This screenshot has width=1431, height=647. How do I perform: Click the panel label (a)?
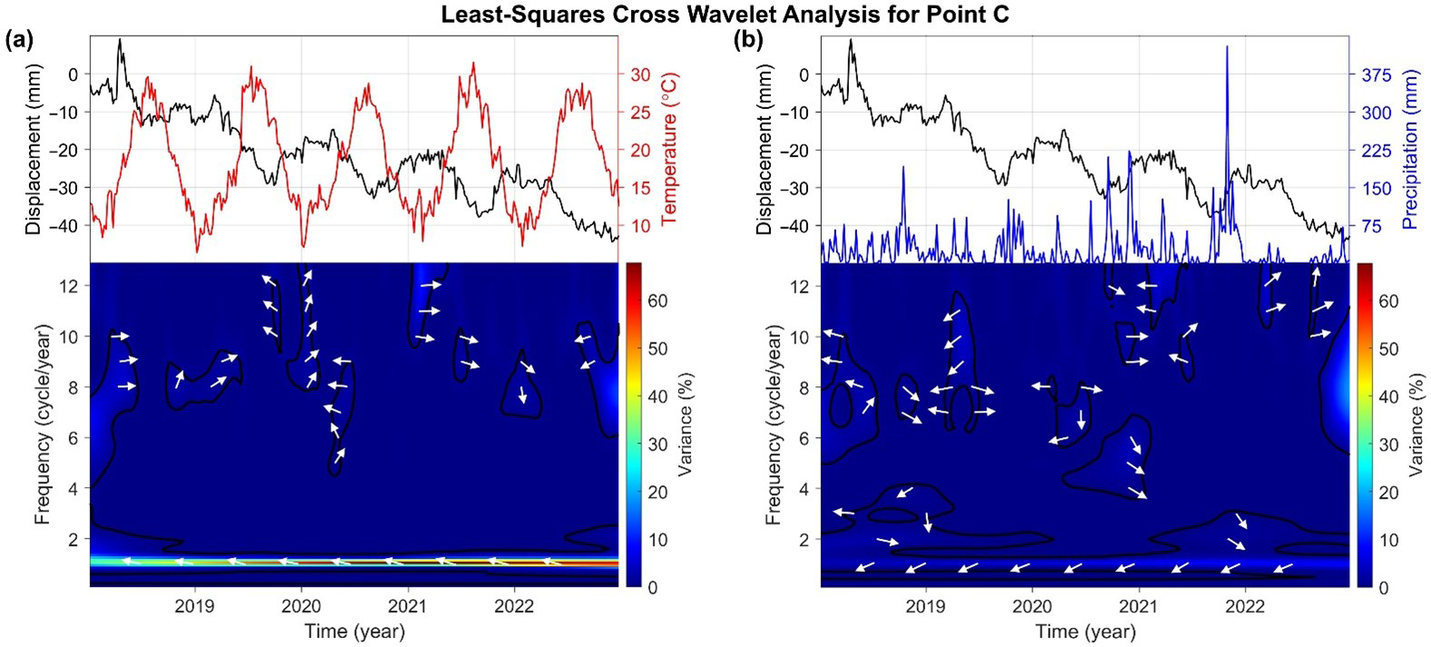point(20,39)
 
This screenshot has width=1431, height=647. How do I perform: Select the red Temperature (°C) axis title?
point(670,149)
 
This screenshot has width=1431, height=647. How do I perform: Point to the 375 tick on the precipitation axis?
point(1376,75)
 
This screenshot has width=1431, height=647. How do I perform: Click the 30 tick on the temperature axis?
point(641,75)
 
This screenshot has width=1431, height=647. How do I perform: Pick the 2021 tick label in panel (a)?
point(408,607)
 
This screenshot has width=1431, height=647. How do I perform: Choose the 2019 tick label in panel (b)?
point(925,607)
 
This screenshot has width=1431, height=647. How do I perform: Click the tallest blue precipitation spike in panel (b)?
point(1227,47)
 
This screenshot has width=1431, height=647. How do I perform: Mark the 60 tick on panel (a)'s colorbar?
point(656,301)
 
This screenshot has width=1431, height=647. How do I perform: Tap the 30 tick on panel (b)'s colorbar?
point(1387,444)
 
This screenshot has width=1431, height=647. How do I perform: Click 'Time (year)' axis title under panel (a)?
point(354,631)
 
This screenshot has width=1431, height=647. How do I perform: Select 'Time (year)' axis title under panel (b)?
point(1085,631)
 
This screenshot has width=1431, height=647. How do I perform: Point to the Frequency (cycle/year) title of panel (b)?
point(774,425)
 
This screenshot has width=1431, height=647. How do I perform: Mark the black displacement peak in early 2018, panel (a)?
point(120,41)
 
